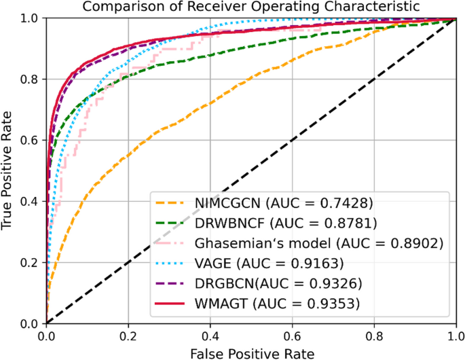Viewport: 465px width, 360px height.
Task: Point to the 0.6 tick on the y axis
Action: [31, 141]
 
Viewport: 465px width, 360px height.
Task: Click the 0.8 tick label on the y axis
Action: [31, 79]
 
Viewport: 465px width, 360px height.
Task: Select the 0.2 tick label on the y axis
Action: [31, 262]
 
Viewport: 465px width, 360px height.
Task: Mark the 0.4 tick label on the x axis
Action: [210, 334]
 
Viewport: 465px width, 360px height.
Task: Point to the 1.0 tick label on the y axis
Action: [31, 18]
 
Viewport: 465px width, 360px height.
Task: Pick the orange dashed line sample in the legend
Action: [171, 203]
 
